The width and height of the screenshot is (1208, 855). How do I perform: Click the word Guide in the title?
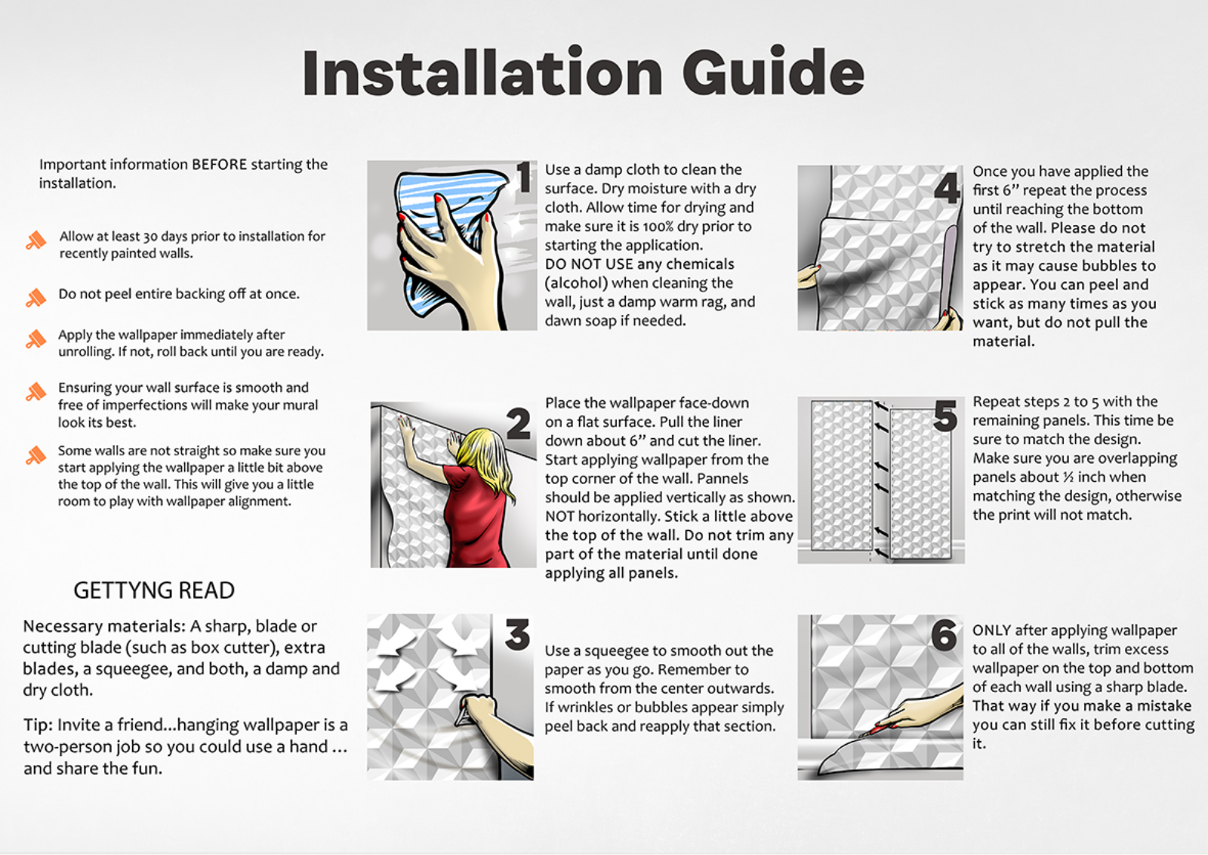tap(773, 71)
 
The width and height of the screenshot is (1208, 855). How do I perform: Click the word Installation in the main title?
tap(482, 71)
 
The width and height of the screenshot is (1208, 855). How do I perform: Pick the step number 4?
tap(947, 188)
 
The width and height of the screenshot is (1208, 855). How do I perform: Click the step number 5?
tap(945, 415)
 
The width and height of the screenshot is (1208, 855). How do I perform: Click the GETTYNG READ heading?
tap(154, 591)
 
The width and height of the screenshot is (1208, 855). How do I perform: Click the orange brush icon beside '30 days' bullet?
tap(36, 241)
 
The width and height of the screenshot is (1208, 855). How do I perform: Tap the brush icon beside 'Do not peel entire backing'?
tap(36, 298)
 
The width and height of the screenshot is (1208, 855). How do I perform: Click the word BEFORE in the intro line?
tap(220, 165)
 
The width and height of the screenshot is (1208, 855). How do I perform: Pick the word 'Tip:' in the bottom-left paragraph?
tap(38, 726)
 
